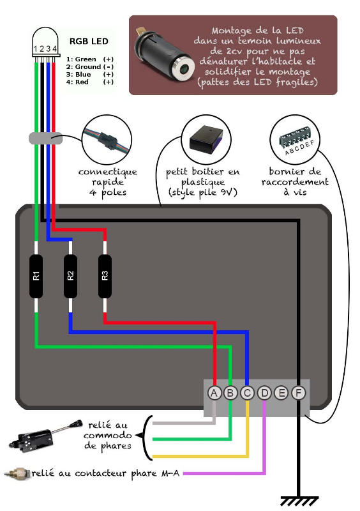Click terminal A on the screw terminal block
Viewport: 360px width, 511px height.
[214, 393]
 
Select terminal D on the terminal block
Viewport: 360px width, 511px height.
[264, 393]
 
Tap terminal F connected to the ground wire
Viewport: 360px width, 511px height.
[298, 393]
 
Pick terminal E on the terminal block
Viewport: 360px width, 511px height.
[281, 393]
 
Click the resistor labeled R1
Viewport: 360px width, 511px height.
[36, 276]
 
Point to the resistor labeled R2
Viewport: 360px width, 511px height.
[70, 276]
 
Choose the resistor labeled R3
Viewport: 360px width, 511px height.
[105, 276]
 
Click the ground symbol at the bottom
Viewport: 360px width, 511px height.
[299, 501]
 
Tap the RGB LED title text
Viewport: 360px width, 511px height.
[89, 42]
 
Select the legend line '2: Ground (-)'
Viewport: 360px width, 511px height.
[89, 67]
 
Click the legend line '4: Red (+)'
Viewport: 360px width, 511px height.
[89, 82]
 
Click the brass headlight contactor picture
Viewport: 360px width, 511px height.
[17, 473]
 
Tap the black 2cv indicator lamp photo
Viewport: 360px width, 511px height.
[165, 55]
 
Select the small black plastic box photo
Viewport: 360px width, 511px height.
[206, 140]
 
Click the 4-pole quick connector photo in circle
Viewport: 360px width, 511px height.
[107, 140]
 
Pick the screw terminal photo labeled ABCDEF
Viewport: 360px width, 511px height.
[295, 140]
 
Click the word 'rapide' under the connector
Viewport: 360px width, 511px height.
[107, 182]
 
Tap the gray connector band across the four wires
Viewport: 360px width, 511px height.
[45, 138]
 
